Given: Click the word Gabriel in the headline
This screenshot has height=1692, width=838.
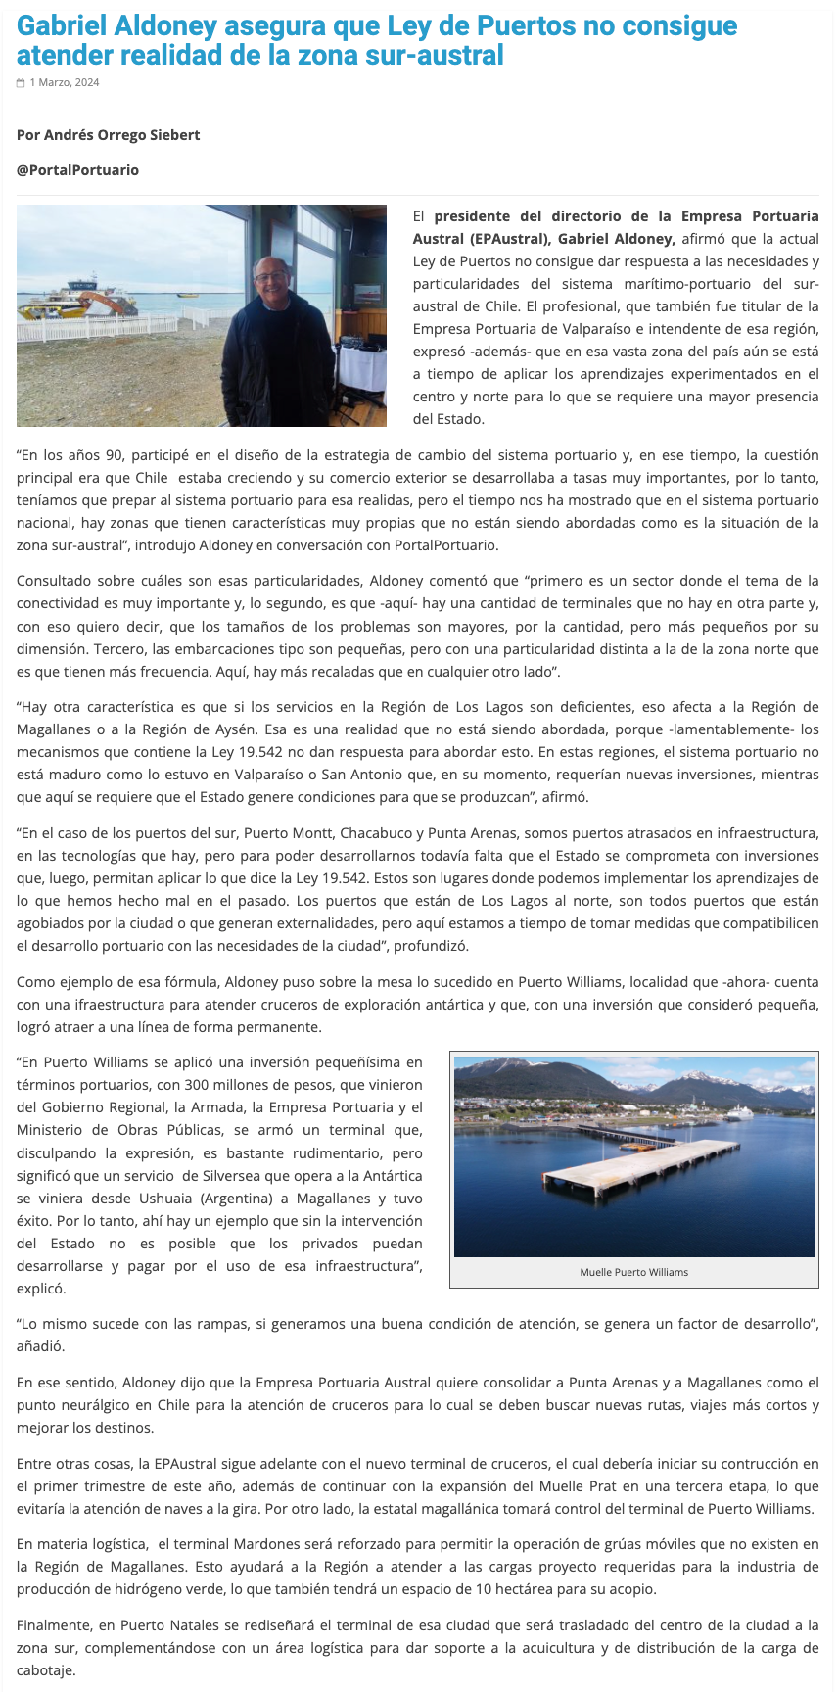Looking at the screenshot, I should pos(68,25).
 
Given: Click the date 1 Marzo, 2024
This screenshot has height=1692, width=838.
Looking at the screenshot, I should pos(65,83).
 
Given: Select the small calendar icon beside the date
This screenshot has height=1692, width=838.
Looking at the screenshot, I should pos(21,83).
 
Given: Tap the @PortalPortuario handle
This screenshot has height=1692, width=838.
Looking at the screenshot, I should pos(77,170).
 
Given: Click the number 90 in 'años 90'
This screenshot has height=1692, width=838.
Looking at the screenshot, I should pos(109,455).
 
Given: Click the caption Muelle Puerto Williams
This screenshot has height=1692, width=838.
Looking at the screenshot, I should pos(633,1272).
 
